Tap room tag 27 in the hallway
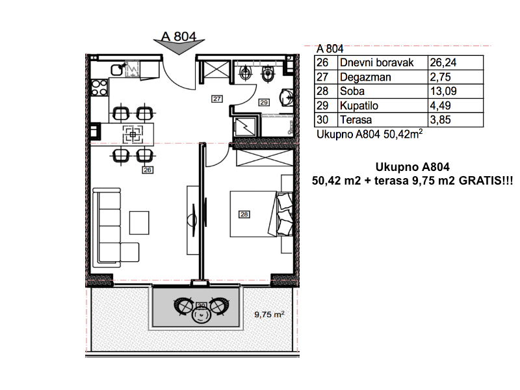(217, 99)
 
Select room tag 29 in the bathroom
(264, 103)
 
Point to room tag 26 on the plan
(148, 170)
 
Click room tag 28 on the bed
(244, 214)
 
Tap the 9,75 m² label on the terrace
(269, 314)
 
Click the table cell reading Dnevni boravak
(377, 62)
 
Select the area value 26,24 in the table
(443, 62)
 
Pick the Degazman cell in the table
(365, 77)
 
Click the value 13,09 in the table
(443, 91)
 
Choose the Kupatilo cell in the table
(359, 106)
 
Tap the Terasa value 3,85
(441, 120)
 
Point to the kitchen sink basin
(117, 70)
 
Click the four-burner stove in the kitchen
(99, 88)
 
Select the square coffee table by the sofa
(139, 223)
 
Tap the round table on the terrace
(201, 313)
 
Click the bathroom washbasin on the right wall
(287, 97)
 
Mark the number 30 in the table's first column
(322, 120)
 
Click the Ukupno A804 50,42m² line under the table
(370, 134)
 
